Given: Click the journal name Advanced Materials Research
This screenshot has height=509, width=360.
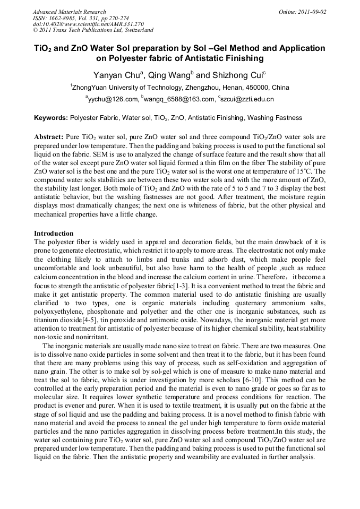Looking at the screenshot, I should coord(70,12).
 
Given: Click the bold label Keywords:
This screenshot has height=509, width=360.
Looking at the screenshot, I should coord(51,118).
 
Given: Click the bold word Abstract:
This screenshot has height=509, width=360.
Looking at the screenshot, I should coord(49,136).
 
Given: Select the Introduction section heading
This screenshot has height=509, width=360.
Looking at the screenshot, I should coord(54,233).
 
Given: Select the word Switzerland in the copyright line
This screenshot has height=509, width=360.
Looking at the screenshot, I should coord(134,30).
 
